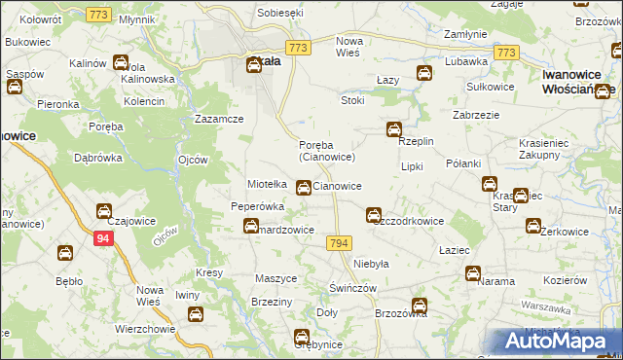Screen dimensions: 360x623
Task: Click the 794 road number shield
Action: pyautogui.click(x=339, y=243)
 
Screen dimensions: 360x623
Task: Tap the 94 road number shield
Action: pyautogui.click(x=103, y=236)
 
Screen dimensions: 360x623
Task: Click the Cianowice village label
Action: pyautogui.click(x=339, y=186)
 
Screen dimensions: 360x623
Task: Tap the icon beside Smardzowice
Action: pyautogui.click(x=251, y=227)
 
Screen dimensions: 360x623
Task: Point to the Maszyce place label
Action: pyautogui.click(x=275, y=278)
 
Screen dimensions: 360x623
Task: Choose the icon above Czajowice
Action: pyautogui.click(x=103, y=210)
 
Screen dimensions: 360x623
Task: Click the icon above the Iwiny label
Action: pyautogui.click(x=195, y=313)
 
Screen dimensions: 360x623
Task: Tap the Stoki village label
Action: pyautogui.click(x=351, y=100)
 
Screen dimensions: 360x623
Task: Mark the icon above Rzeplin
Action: pyautogui.click(x=393, y=128)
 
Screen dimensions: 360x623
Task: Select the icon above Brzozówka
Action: pyautogui.click(x=420, y=306)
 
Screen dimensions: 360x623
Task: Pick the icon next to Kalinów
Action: pyautogui.click(x=120, y=63)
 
